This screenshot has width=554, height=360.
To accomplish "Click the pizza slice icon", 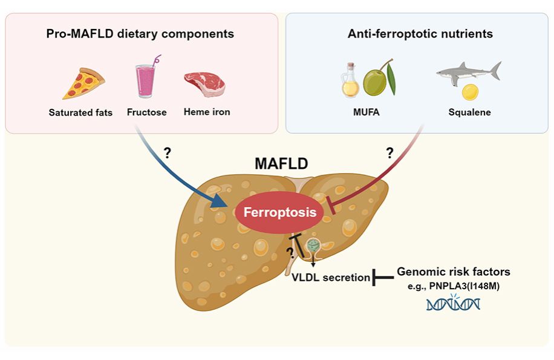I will [x=83, y=83].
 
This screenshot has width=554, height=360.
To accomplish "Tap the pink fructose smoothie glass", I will [x=146, y=80].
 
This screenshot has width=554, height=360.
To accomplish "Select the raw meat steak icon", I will [x=204, y=83].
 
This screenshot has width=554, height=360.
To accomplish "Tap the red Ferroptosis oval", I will [x=279, y=212].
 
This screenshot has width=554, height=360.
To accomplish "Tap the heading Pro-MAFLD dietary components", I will [x=140, y=34].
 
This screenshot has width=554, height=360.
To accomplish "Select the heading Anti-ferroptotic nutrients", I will [x=420, y=34].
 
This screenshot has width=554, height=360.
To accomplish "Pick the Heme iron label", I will [x=207, y=112].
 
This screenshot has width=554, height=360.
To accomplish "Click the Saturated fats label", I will [x=80, y=112].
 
